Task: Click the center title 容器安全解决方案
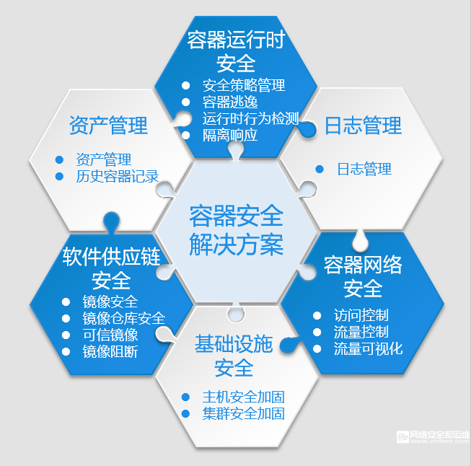[x=236, y=229]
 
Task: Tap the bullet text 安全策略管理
[x=244, y=85]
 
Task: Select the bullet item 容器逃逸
[x=229, y=102]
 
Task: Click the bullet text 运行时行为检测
[x=250, y=118]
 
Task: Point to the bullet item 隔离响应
[x=229, y=135]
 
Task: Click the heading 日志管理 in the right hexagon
[x=363, y=126]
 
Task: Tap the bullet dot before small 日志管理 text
[x=320, y=170]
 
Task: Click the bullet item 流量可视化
[x=368, y=349]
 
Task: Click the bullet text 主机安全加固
[x=243, y=397]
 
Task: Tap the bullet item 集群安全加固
[x=243, y=413]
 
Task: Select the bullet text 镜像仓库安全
[x=123, y=318]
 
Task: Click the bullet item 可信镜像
[x=110, y=335]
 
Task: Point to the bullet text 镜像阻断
[x=110, y=351]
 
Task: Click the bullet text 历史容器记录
[x=117, y=176]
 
